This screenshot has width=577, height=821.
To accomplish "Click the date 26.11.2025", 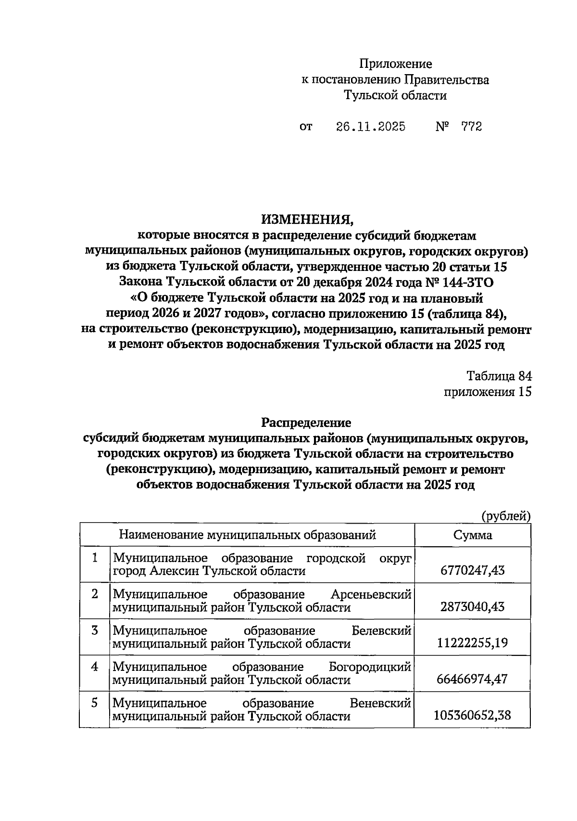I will pyautogui.click(x=370, y=127).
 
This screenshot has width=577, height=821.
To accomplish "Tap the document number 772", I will pyautogui.click(x=471, y=127).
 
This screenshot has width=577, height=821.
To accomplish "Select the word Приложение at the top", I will pyautogui.click(x=396, y=64).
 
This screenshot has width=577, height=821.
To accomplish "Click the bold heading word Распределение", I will pyautogui.click(x=306, y=423).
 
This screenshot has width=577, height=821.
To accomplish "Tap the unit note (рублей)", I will pyautogui.click(x=506, y=516).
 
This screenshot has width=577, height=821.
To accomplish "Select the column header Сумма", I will pyautogui.click(x=473, y=535).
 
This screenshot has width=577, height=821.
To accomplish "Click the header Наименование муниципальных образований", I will pyautogui.click(x=248, y=535).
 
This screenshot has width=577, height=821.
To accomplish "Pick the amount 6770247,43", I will pyautogui.click(x=473, y=571).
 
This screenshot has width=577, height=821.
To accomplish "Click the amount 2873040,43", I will pyautogui.click(x=473, y=607).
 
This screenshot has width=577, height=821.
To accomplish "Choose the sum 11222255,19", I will pyautogui.click(x=473, y=643).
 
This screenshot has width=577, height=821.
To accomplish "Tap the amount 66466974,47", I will pyautogui.click(x=473, y=679).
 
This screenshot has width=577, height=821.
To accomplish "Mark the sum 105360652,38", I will pyautogui.click(x=473, y=716).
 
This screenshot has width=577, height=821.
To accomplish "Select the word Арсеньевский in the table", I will pyautogui.click(x=371, y=594).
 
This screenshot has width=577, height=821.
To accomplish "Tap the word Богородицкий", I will pyautogui.click(x=370, y=667).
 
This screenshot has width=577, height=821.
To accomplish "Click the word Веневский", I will pyautogui.click(x=380, y=703).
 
